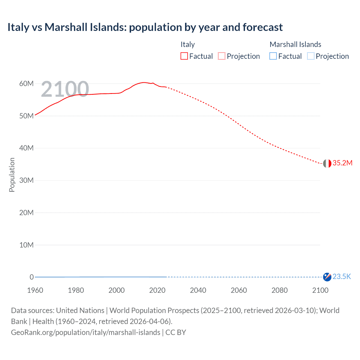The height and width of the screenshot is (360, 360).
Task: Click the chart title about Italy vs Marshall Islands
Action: point(145,27)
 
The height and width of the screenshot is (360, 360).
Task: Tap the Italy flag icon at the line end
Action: point(327,163)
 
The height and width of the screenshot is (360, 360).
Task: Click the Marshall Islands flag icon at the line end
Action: point(327,277)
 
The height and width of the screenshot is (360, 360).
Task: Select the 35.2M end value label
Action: point(342,163)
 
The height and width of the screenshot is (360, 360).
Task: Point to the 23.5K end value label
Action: point(342,277)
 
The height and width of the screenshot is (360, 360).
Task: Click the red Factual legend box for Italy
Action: point(184,56)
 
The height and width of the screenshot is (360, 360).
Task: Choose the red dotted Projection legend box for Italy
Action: point(222,56)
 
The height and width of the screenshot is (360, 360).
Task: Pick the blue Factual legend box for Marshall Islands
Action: point(273,56)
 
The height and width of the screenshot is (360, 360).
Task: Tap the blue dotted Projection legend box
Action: point(310,56)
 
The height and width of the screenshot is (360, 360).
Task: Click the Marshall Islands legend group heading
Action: point(295,44)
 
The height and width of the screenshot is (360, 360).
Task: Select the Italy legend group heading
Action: point(188,44)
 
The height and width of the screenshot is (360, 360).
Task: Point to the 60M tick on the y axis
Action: point(26,84)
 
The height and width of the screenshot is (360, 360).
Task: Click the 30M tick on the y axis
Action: point(26,180)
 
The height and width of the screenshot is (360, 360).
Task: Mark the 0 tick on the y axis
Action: point(31,277)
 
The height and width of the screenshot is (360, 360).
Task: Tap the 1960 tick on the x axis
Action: point(35,290)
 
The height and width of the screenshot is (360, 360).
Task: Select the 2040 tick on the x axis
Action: point(198,290)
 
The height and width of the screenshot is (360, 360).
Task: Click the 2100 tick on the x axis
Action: point(320,290)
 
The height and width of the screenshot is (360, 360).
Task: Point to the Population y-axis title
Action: point(12,175)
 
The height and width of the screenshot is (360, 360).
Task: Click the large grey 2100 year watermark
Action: point(65,89)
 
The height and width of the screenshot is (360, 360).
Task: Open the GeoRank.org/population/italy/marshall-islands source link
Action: point(85,332)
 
